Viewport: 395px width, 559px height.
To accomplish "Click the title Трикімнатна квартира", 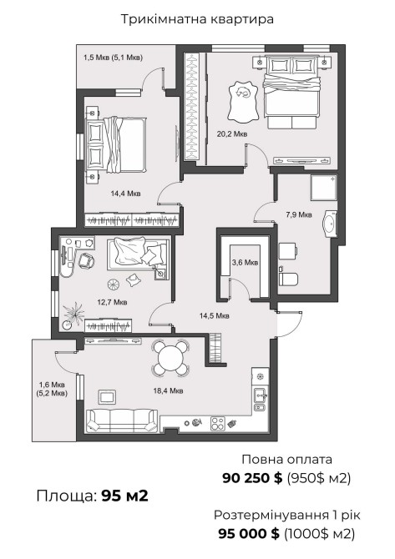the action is pyautogui.click(x=197, y=19).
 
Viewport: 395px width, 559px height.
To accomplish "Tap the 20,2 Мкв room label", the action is pyautogui.click(x=232, y=134).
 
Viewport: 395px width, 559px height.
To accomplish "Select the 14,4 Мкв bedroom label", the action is pyautogui.click(x=125, y=194).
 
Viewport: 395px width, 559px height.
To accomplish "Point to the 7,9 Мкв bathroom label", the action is pyautogui.click(x=299, y=214).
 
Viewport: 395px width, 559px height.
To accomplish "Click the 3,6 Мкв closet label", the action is pyautogui.click(x=245, y=263).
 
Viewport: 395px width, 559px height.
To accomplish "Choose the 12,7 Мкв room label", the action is pyautogui.click(x=112, y=302).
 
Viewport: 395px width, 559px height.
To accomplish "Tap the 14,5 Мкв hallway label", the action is pyautogui.click(x=214, y=315).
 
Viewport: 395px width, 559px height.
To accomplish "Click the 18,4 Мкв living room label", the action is pyautogui.click(x=168, y=390).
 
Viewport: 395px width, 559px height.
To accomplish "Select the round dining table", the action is pyautogui.click(x=170, y=358).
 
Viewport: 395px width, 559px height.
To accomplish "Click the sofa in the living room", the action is pyautogui.click(x=123, y=421).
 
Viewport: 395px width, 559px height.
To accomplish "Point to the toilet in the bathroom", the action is pyautogui.click(x=287, y=277).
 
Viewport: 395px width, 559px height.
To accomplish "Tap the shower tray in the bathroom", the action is pyautogui.click(x=324, y=188).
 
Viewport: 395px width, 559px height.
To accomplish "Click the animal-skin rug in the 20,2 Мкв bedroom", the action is pyautogui.click(x=243, y=102).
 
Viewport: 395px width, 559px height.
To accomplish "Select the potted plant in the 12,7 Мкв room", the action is pyautogui.click(x=73, y=315).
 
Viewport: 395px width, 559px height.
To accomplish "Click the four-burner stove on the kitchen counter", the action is pyautogui.click(x=218, y=424).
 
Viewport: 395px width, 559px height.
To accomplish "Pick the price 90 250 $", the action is pyautogui.click(x=252, y=478).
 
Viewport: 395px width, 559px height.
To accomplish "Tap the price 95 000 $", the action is pyautogui.click(x=249, y=534).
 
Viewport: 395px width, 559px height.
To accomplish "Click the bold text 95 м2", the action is pyautogui.click(x=125, y=496).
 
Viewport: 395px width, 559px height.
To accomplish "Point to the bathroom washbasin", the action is pyautogui.click(x=330, y=224).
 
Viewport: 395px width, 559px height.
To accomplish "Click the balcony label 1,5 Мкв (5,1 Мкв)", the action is pyautogui.click(x=113, y=58).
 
